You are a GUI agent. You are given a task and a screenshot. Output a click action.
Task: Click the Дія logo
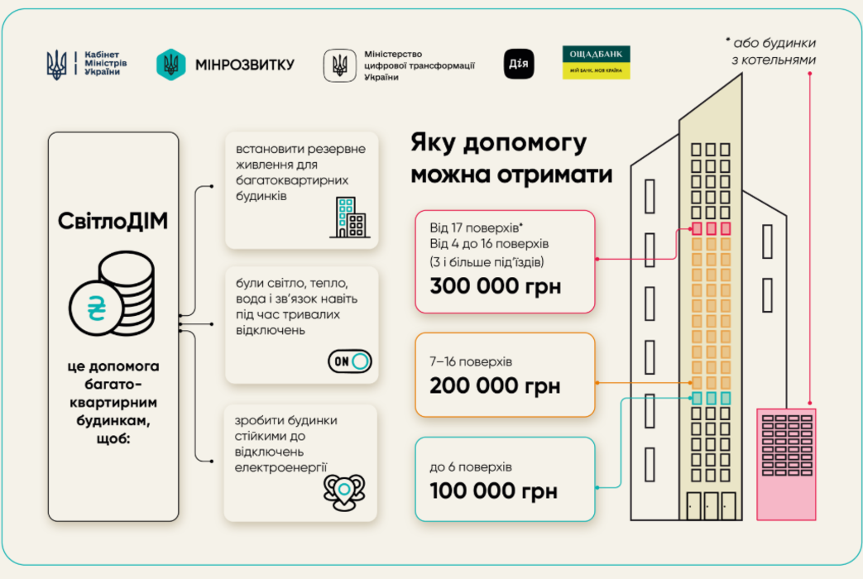[519, 64]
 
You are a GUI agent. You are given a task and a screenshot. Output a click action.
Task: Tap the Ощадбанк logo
[596, 62]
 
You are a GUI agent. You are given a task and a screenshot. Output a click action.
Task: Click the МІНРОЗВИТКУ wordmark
[244, 65]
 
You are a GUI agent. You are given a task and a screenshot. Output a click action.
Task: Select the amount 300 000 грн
[495, 287]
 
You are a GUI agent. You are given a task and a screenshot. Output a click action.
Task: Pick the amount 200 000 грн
[495, 385]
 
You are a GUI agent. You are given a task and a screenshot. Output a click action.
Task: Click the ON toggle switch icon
[350, 361]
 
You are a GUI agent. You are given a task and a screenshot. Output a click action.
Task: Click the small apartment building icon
[348, 218]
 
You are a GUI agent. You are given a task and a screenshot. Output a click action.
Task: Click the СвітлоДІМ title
[113, 221]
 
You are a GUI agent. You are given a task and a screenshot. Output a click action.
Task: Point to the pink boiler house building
[786, 463]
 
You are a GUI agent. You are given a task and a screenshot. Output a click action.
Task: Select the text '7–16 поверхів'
[471, 361]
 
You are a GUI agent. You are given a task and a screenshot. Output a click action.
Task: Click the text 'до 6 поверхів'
[471, 467]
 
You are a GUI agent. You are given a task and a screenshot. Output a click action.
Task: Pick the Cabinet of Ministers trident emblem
[57, 64]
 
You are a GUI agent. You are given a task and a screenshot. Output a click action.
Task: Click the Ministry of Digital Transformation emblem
[339, 65]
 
